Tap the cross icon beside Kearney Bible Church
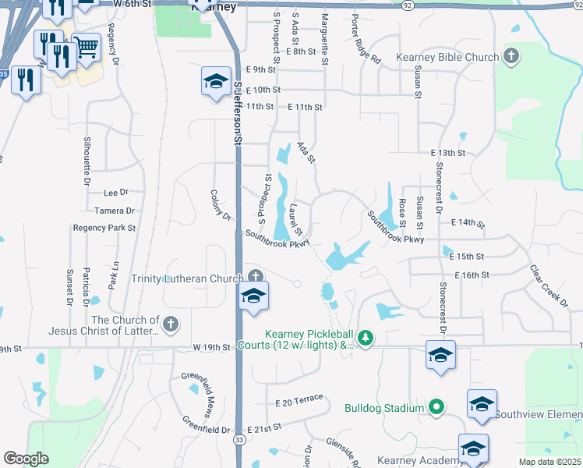pos(511,55)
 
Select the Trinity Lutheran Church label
pos(187,278)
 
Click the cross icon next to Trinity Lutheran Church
pos(256,276)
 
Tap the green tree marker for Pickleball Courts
pos(364,338)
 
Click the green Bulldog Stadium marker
pos(436,406)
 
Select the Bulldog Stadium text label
pos(385,407)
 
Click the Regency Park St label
pos(104,228)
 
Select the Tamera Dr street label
pos(115,211)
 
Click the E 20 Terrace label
pos(299,399)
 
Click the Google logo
pos(26,459)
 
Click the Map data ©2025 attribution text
pos(549,462)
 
